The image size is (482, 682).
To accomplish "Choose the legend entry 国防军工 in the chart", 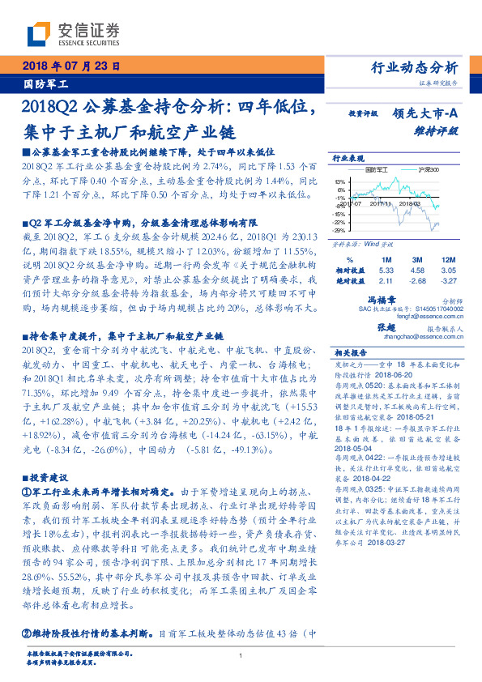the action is (377, 170).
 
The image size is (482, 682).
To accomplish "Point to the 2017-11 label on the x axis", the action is (381, 204).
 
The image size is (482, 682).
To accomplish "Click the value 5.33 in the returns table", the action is (386, 270).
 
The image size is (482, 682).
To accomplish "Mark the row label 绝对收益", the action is (349, 281).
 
